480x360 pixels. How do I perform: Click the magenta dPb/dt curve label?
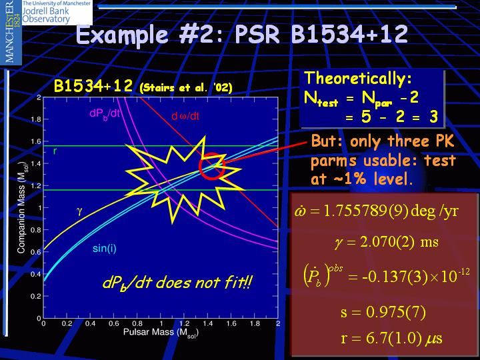click(x=105, y=114)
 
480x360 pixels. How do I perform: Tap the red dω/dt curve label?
click(x=185, y=116)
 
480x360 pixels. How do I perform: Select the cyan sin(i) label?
click(x=105, y=248)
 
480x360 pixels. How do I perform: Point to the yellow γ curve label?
click(x=79, y=211)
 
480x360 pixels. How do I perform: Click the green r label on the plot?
click(x=55, y=151)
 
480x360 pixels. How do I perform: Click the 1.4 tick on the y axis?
click(x=36, y=163)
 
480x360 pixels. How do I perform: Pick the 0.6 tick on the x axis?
click(x=113, y=323)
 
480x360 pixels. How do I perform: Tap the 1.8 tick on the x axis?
click(x=255, y=323)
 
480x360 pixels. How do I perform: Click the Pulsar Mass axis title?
click(x=161, y=333)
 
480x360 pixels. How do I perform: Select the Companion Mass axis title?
click(x=21, y=207)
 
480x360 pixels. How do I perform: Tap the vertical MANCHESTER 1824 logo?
click(x=11, y=31)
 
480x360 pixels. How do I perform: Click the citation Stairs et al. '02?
click(x=186, y=88)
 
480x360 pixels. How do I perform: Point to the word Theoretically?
click(x=358, y=79)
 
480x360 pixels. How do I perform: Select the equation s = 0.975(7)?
click(x=383, y=312)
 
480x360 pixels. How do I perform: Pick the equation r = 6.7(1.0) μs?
click(x=391, y=338)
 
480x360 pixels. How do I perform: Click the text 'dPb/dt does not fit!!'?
click(x=177, y=283)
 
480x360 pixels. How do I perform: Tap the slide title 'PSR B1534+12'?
click(x=321, y=34)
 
